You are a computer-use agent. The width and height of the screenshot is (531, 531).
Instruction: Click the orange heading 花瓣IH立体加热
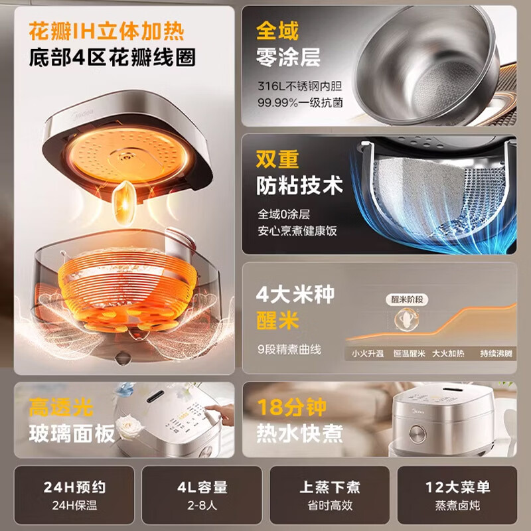(107, 31)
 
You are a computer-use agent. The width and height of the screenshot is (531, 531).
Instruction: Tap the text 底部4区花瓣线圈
(112, 57)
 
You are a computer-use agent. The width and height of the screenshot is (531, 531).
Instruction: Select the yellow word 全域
(277, 31)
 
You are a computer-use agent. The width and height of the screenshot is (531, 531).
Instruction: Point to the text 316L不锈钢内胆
(300, 86)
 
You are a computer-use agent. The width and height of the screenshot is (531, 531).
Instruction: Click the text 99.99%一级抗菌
(301, 103)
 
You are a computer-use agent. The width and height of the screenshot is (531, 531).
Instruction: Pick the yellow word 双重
(277, 159)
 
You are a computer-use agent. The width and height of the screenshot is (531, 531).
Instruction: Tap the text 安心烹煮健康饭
(297, 231)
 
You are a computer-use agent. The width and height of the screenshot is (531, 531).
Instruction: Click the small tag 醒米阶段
(407, 300)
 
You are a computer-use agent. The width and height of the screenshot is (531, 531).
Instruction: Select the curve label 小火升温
(368, 354)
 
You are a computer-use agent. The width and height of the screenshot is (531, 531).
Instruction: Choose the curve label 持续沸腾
(496, 354)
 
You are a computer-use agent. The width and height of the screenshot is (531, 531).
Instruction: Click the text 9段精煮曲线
(289, 349)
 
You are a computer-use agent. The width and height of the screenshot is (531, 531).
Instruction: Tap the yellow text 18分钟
(291, 407)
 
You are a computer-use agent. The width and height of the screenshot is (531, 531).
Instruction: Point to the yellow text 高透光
(61, 407)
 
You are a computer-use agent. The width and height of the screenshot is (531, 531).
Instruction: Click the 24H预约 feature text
(74, 487)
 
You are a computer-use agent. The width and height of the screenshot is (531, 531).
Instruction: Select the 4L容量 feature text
(202, 487)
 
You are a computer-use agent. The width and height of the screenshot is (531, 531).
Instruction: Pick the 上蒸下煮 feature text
(330, 487)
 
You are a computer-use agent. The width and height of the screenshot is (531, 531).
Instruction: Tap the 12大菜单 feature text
(457, 487)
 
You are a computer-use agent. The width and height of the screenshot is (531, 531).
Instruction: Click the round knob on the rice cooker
(417, 434)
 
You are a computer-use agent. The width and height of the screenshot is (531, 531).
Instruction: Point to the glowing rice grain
(125, 202)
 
